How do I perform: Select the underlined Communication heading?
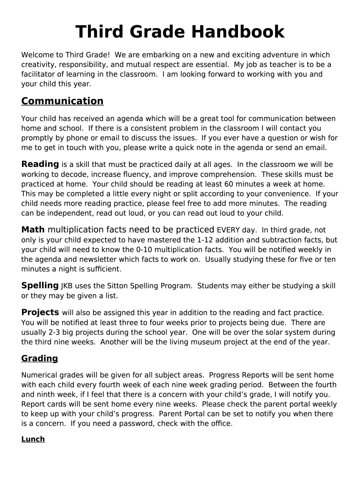(62, 101)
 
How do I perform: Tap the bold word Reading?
(40, 164)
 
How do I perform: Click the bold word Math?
(33, 230)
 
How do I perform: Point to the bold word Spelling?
(40, 285)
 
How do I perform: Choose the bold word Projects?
(40, 312)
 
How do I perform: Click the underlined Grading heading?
(40, 358)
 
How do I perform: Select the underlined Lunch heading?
(33, 439)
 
